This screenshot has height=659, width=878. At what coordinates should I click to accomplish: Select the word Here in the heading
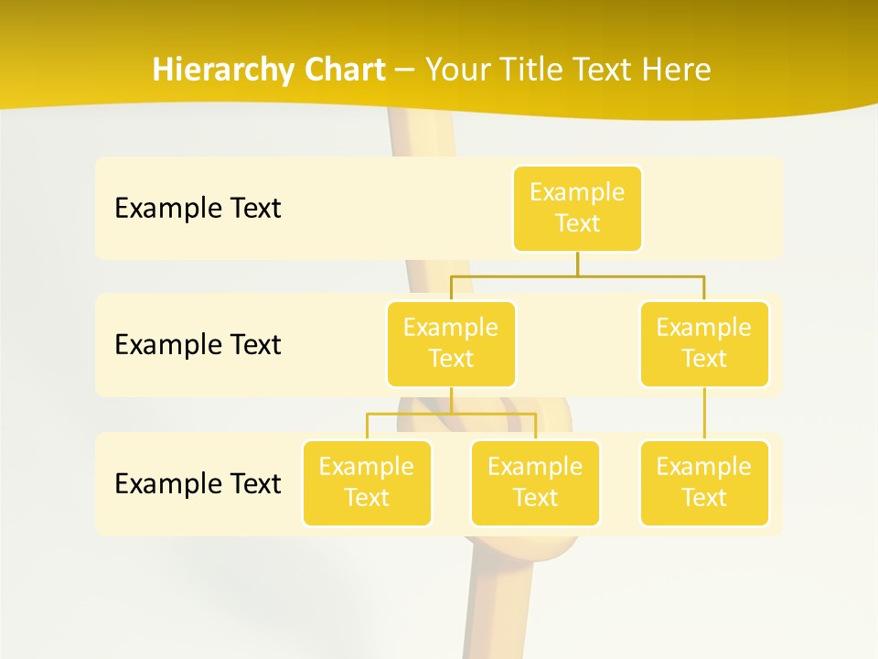[678, 70]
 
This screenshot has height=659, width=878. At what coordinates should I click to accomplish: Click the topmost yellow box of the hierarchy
[577, 209]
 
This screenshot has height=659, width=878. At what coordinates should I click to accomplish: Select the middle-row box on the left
[451, 343]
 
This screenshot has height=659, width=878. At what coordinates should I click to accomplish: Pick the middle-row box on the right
[704, 343]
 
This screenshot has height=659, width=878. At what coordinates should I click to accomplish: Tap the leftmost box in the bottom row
[367, 482]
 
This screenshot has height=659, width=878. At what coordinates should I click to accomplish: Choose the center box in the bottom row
[535, 482]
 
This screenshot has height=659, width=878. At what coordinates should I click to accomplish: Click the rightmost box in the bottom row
[704, 482]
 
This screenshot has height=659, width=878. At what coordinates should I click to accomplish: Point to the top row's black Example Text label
[198, 209]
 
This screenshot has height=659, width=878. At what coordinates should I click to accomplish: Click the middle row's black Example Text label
[198, 345]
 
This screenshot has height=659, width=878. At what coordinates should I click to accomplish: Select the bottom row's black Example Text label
[198, 483]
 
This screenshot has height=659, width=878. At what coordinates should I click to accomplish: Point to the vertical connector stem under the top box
[577, 264]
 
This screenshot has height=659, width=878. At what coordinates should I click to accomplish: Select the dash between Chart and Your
[403, 70]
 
